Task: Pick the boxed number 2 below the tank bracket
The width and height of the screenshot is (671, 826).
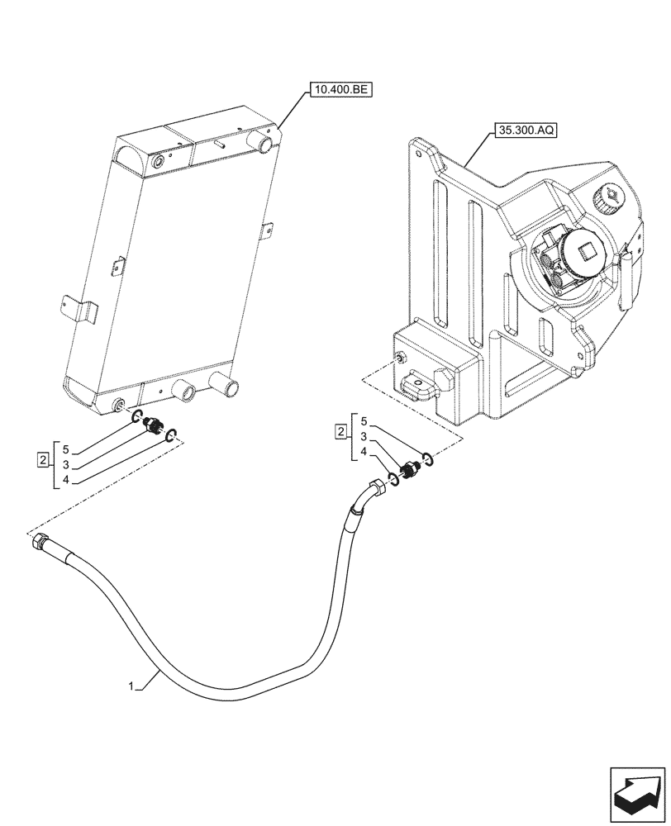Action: (x=340, y=430)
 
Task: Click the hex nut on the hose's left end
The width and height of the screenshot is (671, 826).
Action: (x=40, y=543)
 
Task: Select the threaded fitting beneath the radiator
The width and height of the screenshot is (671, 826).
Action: (x=152, y=427)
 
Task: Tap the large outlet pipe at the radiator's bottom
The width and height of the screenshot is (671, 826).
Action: (x=224, y=382)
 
